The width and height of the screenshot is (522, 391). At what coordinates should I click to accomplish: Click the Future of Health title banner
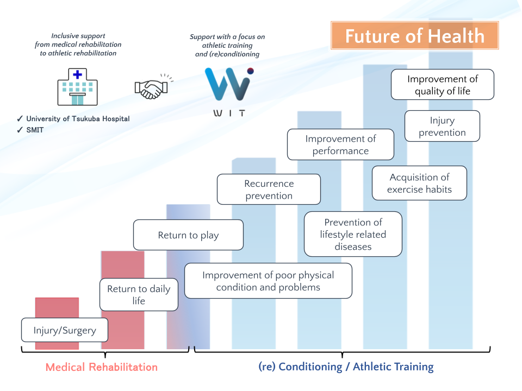tap(414, 36)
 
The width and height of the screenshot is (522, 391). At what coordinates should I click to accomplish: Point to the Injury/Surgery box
tap(65, 330)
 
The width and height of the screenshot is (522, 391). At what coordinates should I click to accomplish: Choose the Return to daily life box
tap(139, 295)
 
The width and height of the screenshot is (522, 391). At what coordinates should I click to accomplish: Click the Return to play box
tap(188, 235)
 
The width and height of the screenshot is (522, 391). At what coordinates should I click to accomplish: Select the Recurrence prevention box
tap(269, 190)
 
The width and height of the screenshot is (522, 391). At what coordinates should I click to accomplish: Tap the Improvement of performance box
tap(340, 144)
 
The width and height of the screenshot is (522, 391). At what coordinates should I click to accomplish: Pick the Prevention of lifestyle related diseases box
tap(353, 234)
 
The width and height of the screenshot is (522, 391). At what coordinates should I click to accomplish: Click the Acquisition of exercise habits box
tap(419, 183)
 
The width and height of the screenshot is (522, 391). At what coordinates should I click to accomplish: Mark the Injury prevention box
tap(442, 127)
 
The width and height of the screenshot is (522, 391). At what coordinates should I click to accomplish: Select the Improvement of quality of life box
tap(443, 85)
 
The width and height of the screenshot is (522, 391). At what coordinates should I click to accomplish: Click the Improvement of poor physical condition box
tap(268, 281)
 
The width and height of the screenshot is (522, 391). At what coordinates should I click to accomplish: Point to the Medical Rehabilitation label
tap(102, 367)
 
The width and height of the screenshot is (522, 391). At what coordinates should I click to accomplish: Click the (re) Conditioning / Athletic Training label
tap(346, 367)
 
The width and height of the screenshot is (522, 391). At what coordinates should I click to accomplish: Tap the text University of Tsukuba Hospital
tap(78, 119)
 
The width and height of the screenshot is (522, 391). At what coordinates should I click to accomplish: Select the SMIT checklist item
tap(34, 130)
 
